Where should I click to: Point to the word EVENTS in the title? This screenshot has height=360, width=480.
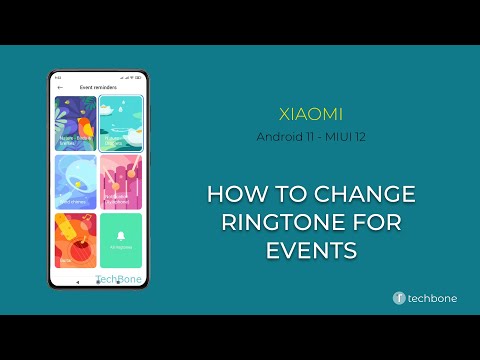[311, 250]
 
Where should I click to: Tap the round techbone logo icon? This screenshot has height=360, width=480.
[399, 298]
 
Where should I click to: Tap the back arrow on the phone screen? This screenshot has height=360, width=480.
[60, 88]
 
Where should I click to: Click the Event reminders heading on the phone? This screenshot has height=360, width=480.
[97, 88]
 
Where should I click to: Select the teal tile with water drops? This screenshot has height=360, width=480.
[121, 123]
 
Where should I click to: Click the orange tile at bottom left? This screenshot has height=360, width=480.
[75, 240]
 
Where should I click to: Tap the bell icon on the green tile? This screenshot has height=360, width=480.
[121, 234]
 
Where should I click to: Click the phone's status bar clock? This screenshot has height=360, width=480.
[58, 77]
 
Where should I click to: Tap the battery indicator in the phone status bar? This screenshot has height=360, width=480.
[138, 77]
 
